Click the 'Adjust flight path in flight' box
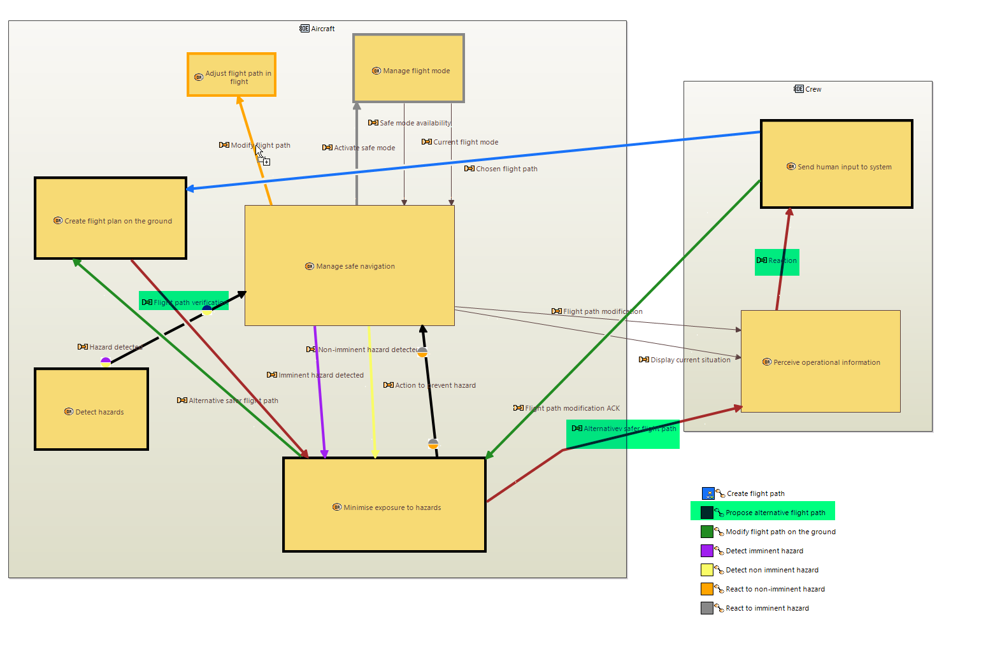(231, 74)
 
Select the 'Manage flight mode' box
(408, 68)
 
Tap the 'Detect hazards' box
(91, 409)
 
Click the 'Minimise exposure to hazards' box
(384, 504)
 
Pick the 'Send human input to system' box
(836, 164)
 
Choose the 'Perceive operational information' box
(820, 362)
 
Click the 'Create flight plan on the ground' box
(110, 218)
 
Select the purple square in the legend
(707, 551)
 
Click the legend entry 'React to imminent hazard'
(767, 608)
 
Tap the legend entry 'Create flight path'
(755, 493)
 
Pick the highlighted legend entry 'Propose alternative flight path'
(775, 513)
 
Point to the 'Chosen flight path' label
(506, 169)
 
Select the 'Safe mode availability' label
(415, 123)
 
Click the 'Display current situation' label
(690, 360)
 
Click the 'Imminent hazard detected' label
(320, 375)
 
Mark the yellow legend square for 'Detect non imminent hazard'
(707, 570)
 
